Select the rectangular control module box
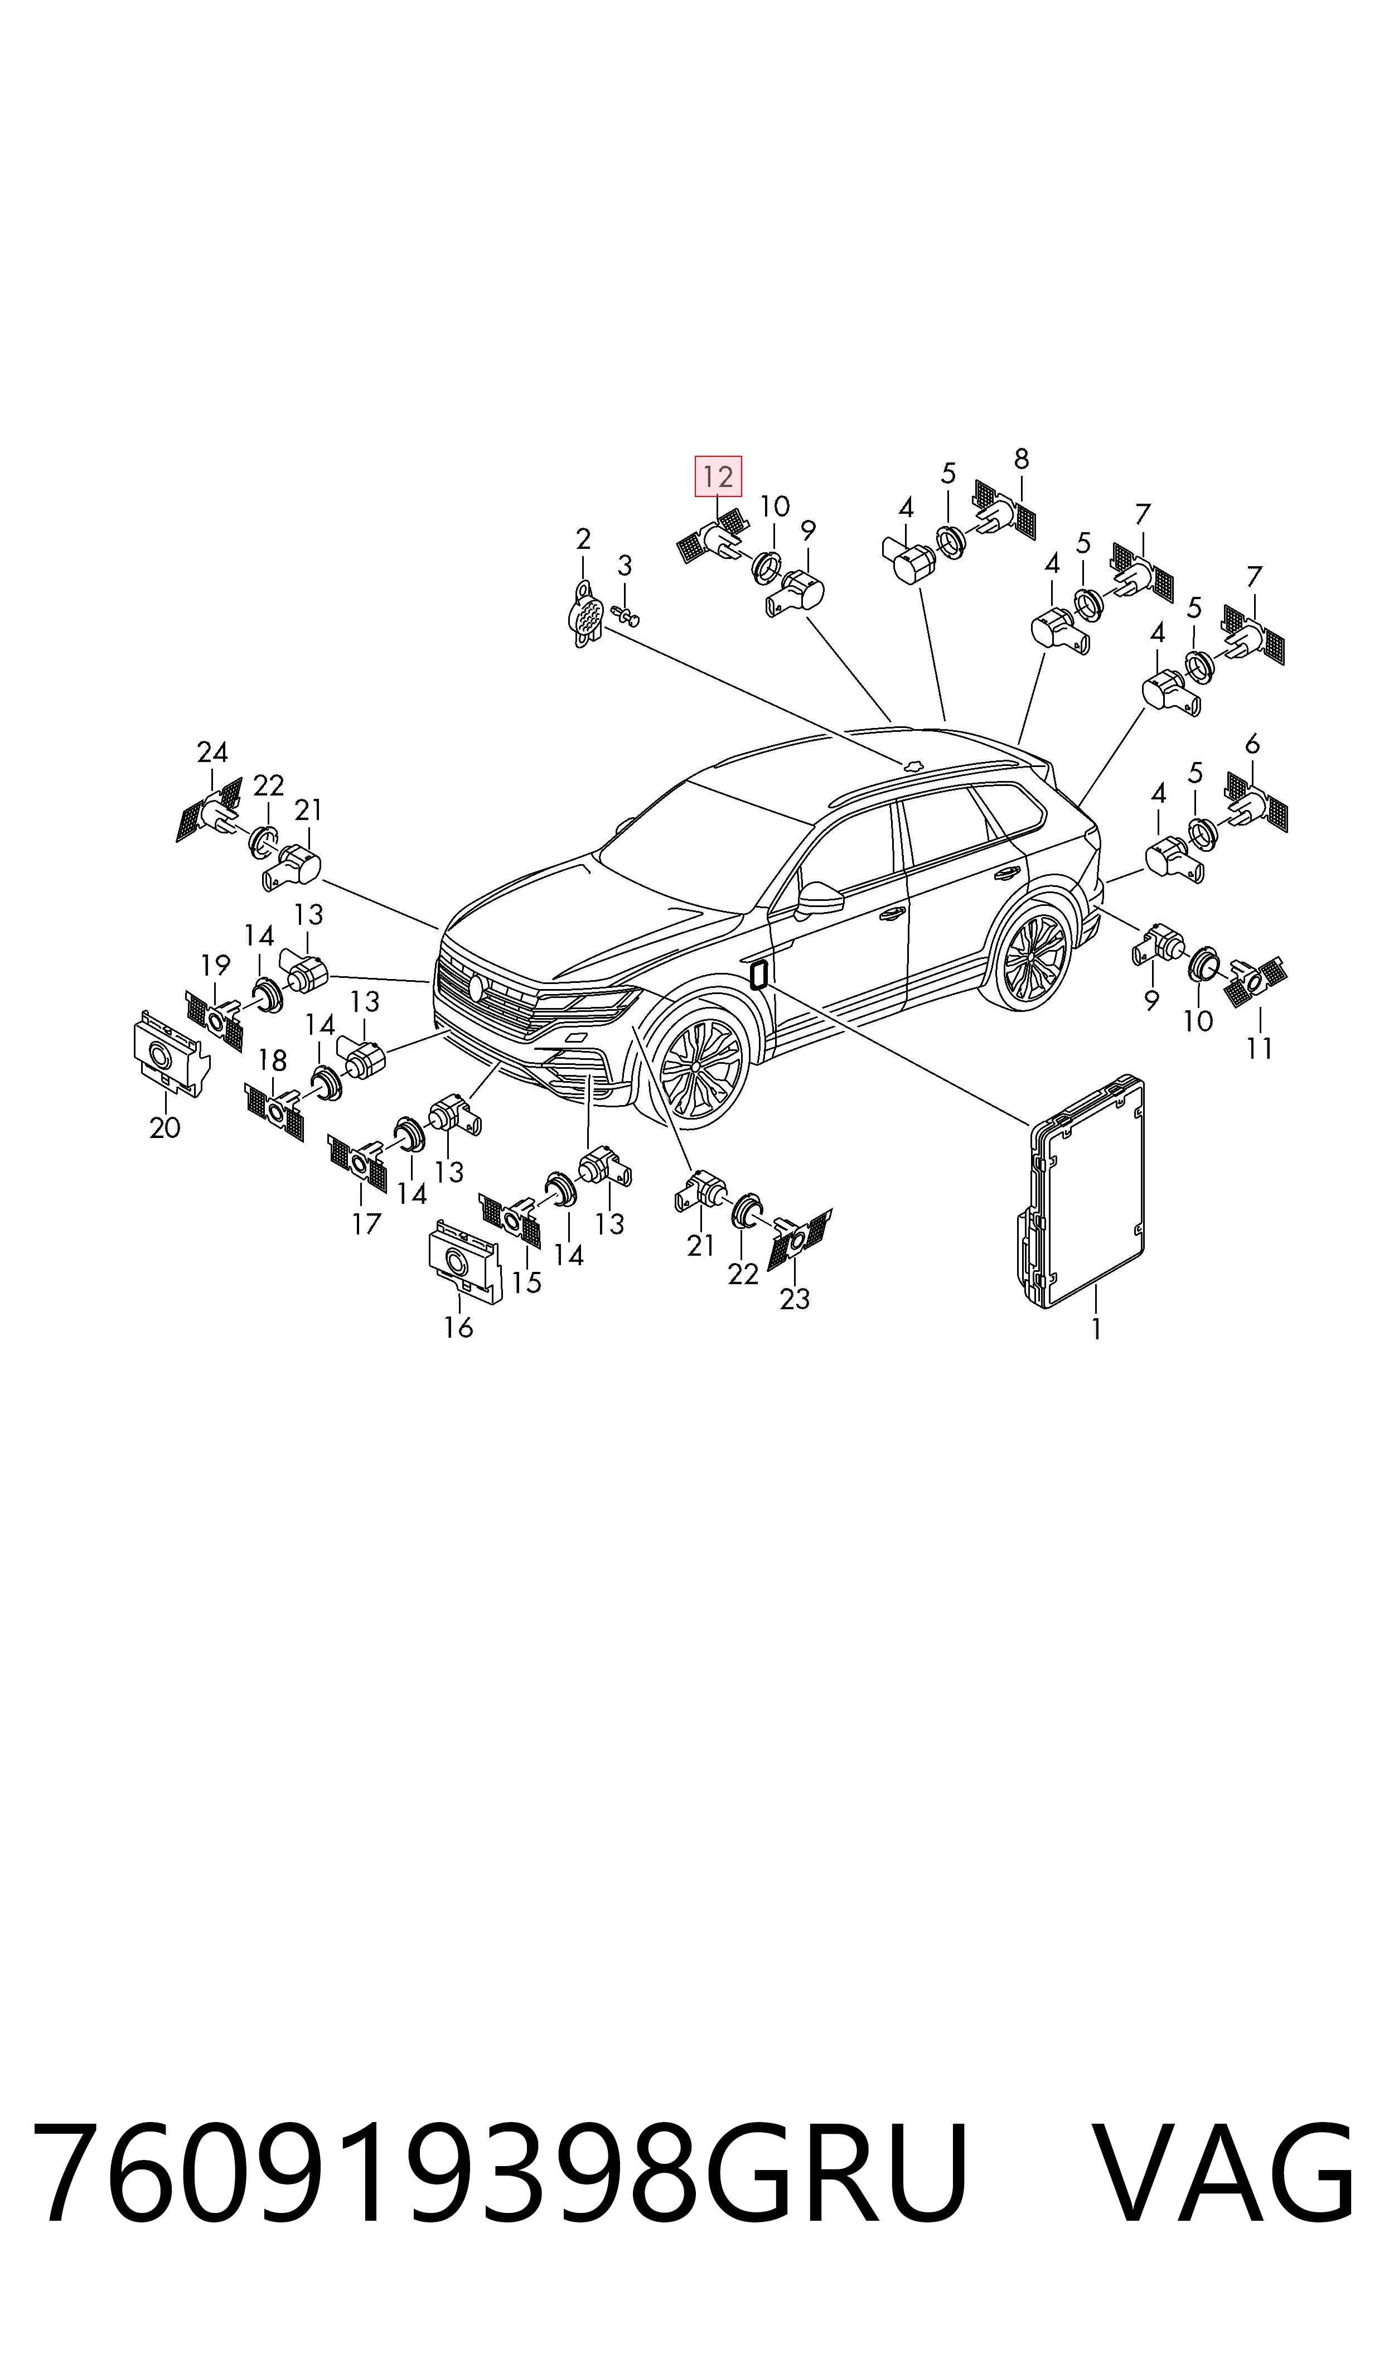[x=1081, y=1190]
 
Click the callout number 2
[x=583, y=539]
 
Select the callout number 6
[x=1252, y=745]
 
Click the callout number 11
[x=1260, y=1048]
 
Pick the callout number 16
[x=458, y=1327]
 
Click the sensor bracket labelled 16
[x=465, y=1261]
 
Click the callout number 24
[x=212, y=751]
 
